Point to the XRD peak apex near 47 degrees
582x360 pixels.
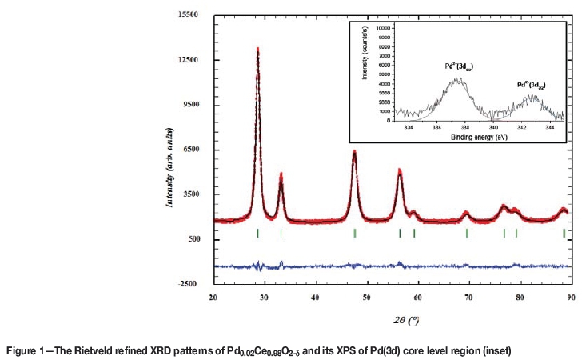pyautogui.click(x=354, y=151)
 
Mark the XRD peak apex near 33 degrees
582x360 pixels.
pyautogui.click(x=281, y=174)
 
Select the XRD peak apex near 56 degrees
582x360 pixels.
pyautogui.click(x=399, y=170)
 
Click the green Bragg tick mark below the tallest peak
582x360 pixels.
pyautogui.click(x=257, y=233)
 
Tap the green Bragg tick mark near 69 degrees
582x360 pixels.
pyautogui.click(x=467, y=233)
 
